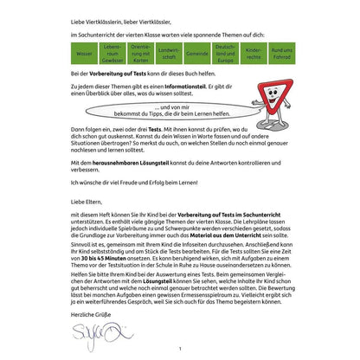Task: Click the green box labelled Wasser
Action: pyautogui.click(x=84, y=53)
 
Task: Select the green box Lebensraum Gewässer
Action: pyautogui.click(x=112, y=53)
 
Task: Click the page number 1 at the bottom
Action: pyautogui.click(x=180, y=350)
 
